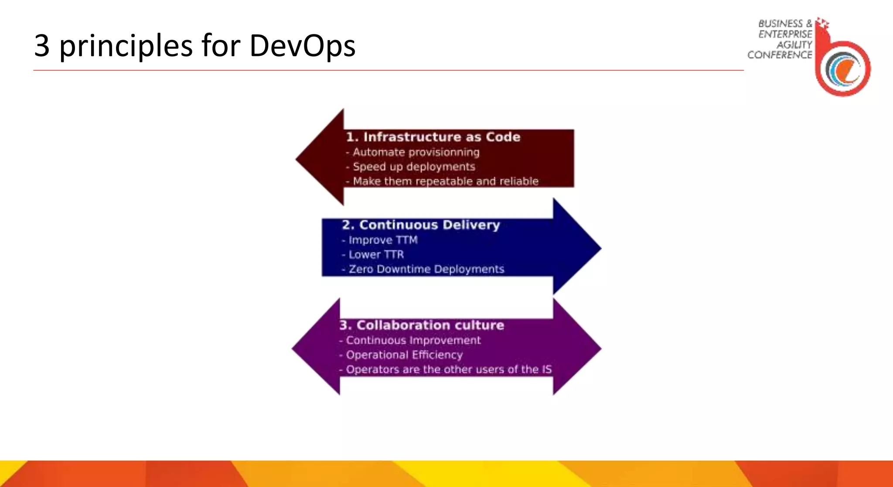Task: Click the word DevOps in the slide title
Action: coord(302,46)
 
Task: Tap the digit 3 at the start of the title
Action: coord(42,46)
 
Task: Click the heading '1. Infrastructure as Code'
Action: coord(433,137)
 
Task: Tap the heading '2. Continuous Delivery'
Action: coord(421,225)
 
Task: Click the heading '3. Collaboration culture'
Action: coord(422,325)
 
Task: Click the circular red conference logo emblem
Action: coord(843,69)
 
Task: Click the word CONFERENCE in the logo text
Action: coord(780,55)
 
